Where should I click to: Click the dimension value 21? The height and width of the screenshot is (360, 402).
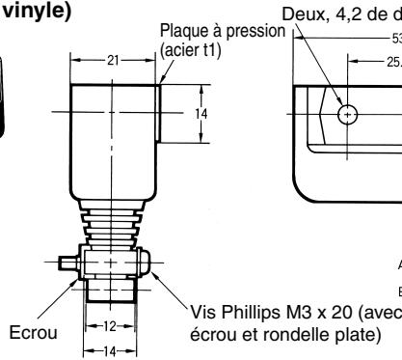(117, 60)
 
